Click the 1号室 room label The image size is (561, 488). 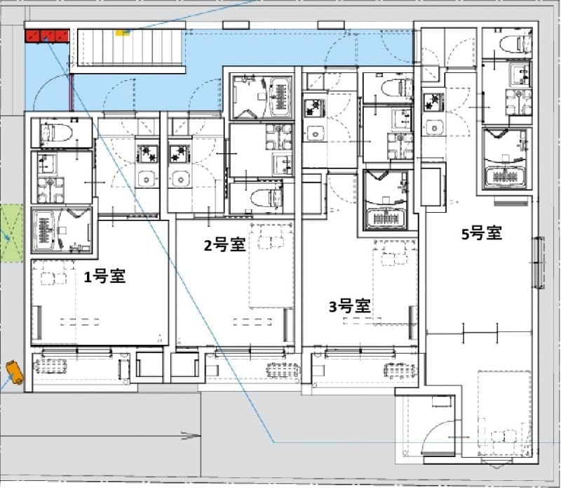104,277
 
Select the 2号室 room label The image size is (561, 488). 224,245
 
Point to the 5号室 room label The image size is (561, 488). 481,234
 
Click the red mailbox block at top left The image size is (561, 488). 46,36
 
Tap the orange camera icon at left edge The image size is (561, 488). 15,371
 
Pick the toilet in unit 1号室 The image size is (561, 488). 59,131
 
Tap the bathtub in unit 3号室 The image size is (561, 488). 384,200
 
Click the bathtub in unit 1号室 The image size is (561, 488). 61,230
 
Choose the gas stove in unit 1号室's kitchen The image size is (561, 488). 147,152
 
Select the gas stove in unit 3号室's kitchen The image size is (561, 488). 313,108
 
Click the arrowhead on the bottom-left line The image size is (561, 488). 192,437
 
